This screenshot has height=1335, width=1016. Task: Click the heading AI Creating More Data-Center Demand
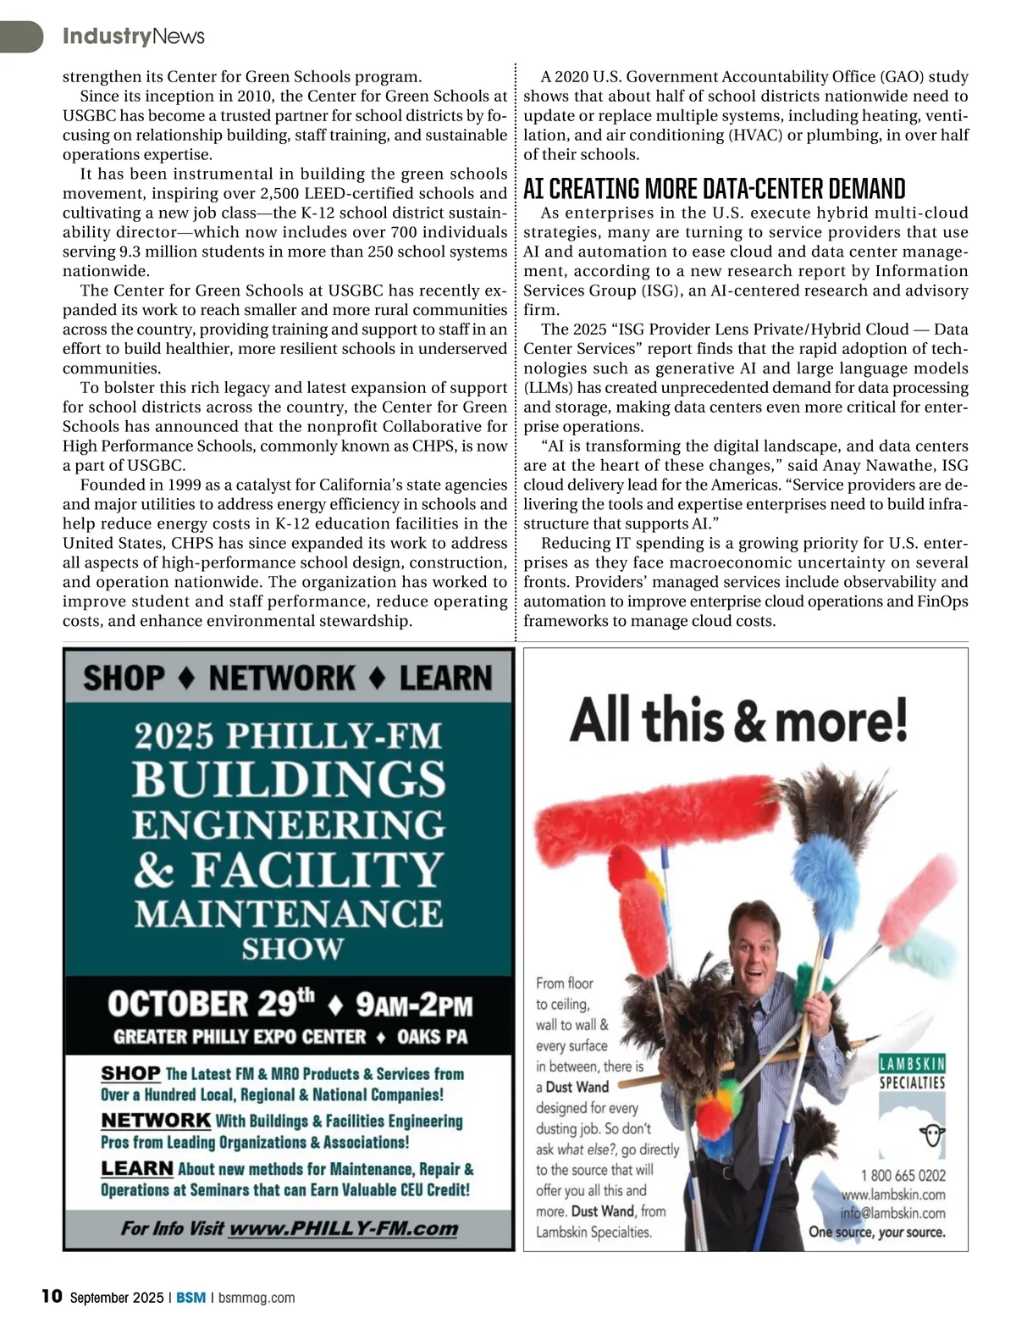714,188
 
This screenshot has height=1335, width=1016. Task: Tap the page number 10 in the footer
52,1296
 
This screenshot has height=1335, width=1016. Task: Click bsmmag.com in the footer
257,1298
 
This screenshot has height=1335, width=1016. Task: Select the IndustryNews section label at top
133,36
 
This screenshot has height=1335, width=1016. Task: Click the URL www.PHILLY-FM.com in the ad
343,1228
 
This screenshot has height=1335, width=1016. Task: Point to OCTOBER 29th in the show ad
210,1004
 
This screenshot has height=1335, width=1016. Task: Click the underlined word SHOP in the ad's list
130,1073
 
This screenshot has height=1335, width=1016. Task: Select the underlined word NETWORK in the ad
156,1120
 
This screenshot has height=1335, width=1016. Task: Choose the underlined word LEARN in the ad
137,1168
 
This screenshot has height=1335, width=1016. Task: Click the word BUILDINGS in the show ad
289,779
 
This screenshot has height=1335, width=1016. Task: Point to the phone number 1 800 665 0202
903,1175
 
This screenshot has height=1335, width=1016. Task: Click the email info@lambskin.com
892,1212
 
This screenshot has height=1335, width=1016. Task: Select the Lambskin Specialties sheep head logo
932,1135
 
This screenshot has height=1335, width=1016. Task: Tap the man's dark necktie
747,1093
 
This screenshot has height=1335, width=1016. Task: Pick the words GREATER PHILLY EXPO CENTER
240,1037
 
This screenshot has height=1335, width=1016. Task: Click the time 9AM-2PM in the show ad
413,1005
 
